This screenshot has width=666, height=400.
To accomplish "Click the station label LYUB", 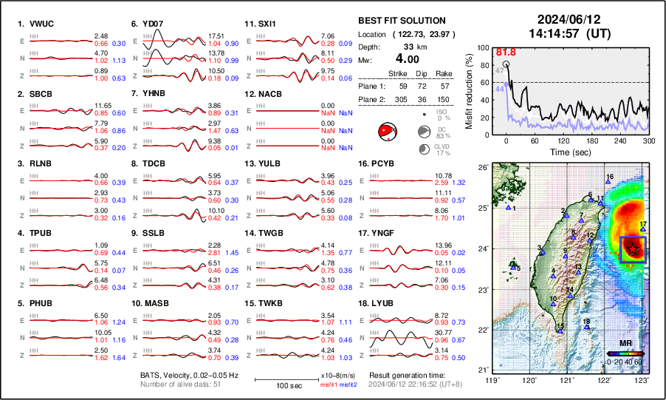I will (384, 303).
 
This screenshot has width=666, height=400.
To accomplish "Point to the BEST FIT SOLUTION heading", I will (402, 21).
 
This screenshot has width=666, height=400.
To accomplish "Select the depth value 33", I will (407, 47).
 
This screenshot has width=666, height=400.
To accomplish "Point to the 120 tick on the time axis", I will (563, 140).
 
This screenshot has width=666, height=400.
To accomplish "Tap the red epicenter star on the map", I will (633, 251).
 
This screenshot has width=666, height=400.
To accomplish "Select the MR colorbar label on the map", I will (625, 353).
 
